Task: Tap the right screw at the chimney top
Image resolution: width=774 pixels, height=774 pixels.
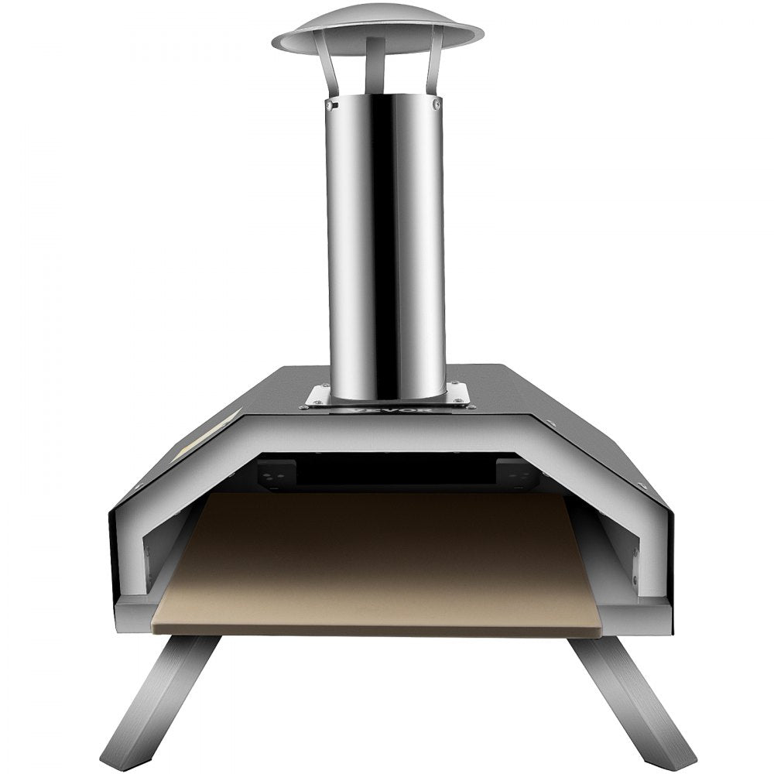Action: tap(437, 102)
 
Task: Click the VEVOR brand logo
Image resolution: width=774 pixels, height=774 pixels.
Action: tap(385, 410)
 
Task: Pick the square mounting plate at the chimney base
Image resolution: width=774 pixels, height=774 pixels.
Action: tap(387, 396)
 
